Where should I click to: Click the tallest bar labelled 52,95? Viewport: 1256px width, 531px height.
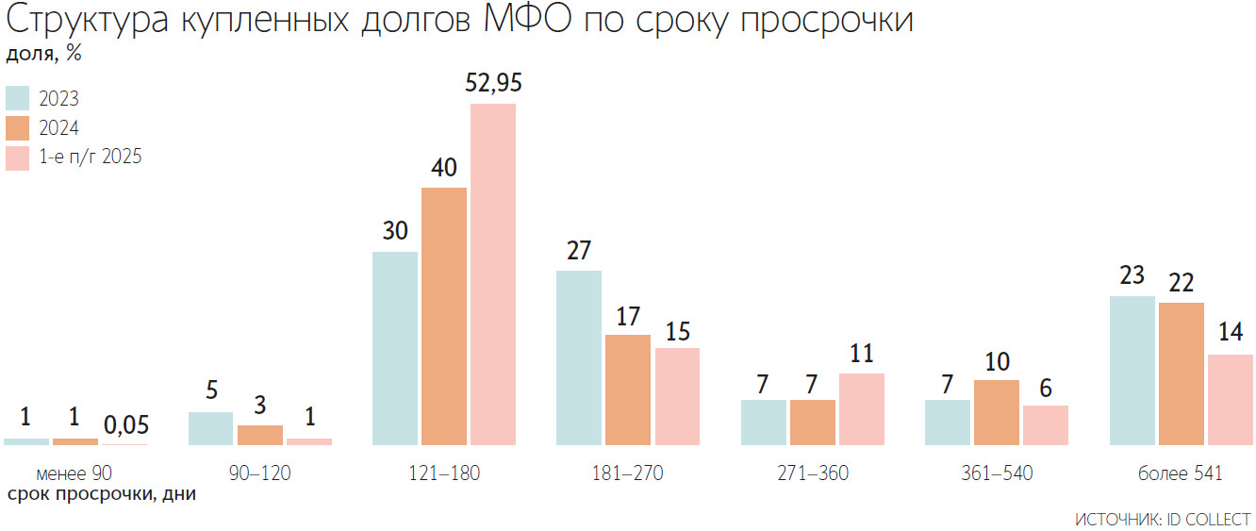click(493, 274)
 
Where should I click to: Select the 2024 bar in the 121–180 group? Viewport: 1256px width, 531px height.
click(444, 316)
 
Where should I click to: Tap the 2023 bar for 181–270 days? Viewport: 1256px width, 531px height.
click(579, 357)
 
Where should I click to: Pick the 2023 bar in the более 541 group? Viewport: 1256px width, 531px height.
click(1132, 370)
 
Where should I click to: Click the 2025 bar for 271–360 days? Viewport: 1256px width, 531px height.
click(862, 408)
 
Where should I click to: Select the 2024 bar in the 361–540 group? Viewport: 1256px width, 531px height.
click(997, 412)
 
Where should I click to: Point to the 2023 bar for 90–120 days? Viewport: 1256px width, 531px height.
click(210, 428)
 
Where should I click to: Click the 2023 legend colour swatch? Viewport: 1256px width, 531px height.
click(18, 99)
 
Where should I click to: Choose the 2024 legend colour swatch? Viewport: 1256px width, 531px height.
click(18, 128)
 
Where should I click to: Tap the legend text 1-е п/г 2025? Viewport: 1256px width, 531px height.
click(91, 158)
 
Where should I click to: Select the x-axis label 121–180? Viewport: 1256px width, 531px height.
click(444, 473)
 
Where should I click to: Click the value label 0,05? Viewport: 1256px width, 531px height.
click(124, 424)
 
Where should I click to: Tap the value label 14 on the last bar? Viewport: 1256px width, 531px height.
click(1231, 332)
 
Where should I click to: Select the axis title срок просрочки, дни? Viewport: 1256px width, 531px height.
click(102, 494)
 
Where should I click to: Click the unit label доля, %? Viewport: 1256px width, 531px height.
click(44, 54)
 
